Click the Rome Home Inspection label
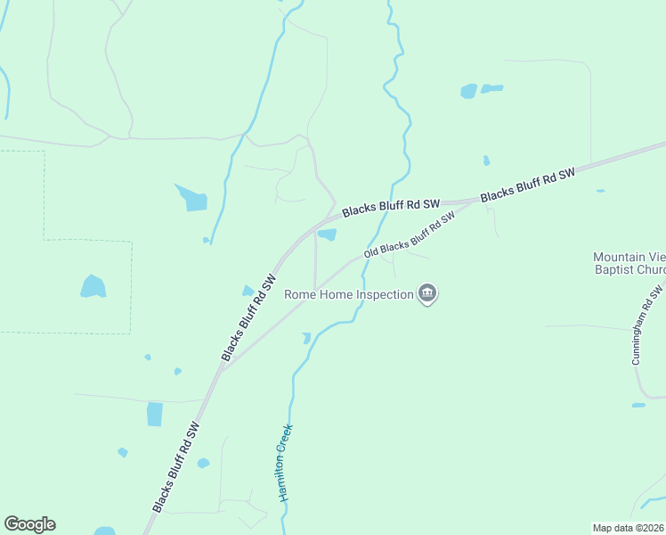[348, 294]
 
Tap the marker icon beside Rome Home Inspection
[427, 293]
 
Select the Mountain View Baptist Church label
[629, 263]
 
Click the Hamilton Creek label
[286, 462]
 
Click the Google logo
[29, 524]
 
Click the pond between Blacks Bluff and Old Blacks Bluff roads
[328, 235]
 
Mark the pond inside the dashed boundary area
[93, 286]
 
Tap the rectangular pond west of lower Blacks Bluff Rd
[155, 414]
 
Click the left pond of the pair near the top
[468, 91]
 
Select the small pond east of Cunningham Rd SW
[638, 405]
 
